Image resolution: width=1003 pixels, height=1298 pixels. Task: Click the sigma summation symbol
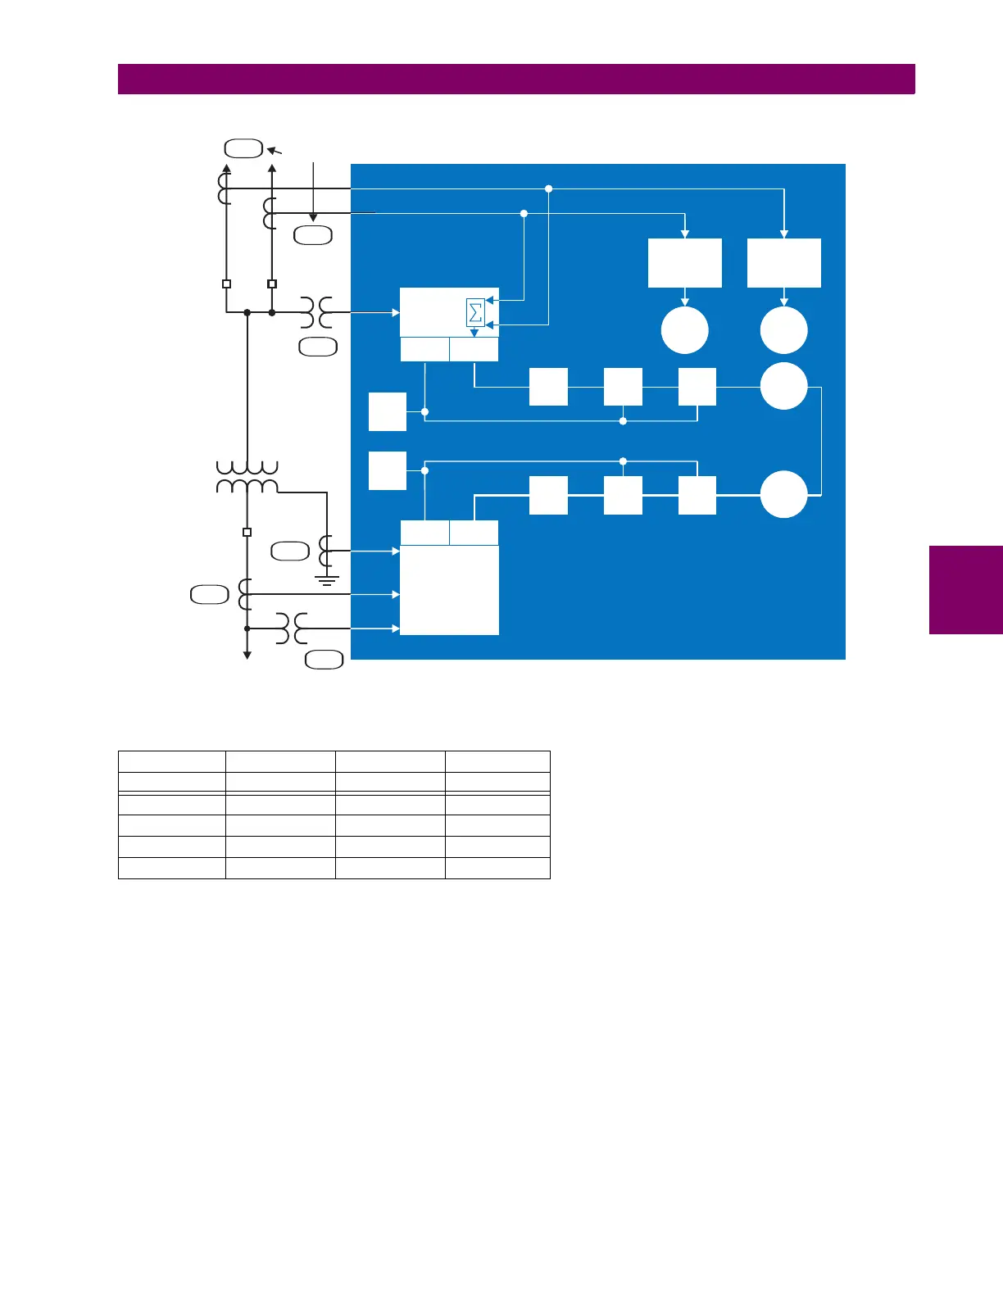(475, 313)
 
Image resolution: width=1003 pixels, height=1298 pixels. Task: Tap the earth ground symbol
(327, 581)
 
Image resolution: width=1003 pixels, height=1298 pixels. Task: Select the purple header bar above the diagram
(516, 79)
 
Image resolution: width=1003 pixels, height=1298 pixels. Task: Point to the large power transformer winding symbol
(247, 477)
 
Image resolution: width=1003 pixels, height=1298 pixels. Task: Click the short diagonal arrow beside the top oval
(275, 151)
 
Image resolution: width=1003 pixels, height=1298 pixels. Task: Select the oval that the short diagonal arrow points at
(243, 148)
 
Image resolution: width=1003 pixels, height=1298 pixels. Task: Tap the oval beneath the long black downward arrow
(313, 235)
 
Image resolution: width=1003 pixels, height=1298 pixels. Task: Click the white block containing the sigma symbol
(448, 312)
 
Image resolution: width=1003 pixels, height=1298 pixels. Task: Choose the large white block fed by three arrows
(449, 590)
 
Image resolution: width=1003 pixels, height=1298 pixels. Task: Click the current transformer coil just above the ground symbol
(326, 551)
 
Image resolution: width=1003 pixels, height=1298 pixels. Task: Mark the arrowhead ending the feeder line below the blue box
(247, 654)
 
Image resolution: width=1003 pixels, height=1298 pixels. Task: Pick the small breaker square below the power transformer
(247, 532)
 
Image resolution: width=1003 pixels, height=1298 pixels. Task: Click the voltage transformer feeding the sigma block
(315, 312)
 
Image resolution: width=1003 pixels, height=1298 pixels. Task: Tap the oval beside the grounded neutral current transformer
(290, 551)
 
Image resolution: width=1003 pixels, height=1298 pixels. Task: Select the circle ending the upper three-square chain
(784, 386)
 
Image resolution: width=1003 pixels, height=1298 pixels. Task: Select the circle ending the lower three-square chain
(784, 494)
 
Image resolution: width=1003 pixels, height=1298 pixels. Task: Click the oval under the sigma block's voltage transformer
(318, 347)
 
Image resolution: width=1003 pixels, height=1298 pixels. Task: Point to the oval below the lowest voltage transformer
(324, 660)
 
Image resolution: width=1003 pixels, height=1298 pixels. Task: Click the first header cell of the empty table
(172, 761)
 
